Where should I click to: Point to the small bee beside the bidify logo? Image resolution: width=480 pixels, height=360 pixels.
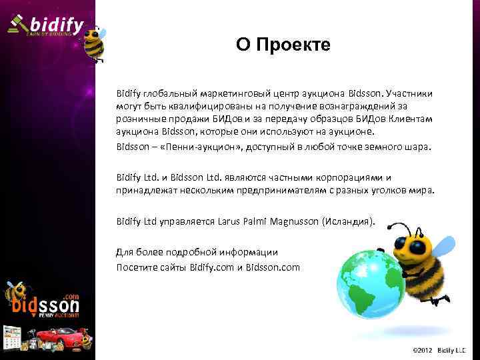94,43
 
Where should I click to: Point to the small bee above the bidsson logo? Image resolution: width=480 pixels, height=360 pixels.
15,293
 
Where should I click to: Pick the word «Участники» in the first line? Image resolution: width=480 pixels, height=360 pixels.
408,94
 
